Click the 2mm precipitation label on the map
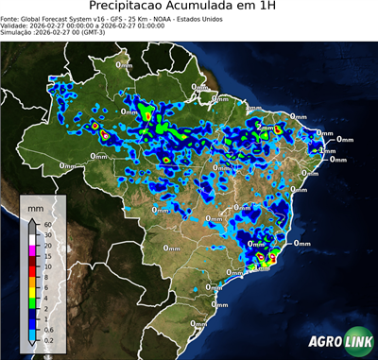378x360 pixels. pyautogui.click(x=266, y=127)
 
